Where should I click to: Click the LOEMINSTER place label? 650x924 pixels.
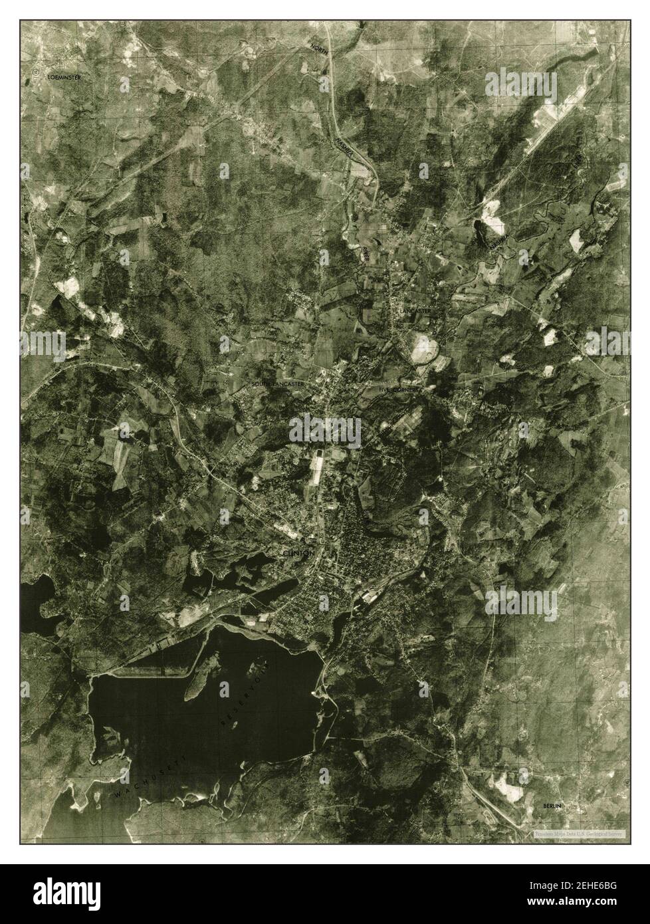pos(64,78)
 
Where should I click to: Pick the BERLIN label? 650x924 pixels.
pos(552,806)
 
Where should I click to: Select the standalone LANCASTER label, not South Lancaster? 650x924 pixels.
pos(415,310)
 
